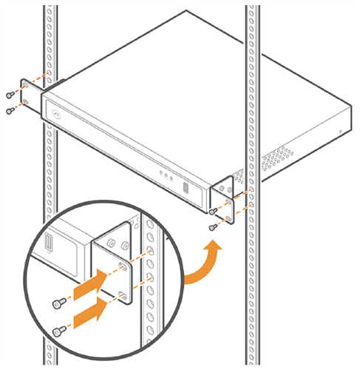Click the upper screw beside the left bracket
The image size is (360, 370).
click(8, 95)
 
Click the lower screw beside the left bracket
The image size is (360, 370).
click(8, 110)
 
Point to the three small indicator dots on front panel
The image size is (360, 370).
click(167, 176)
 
